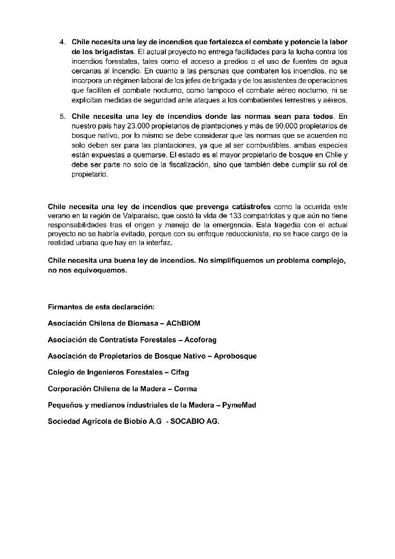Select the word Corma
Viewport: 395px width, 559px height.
185,389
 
